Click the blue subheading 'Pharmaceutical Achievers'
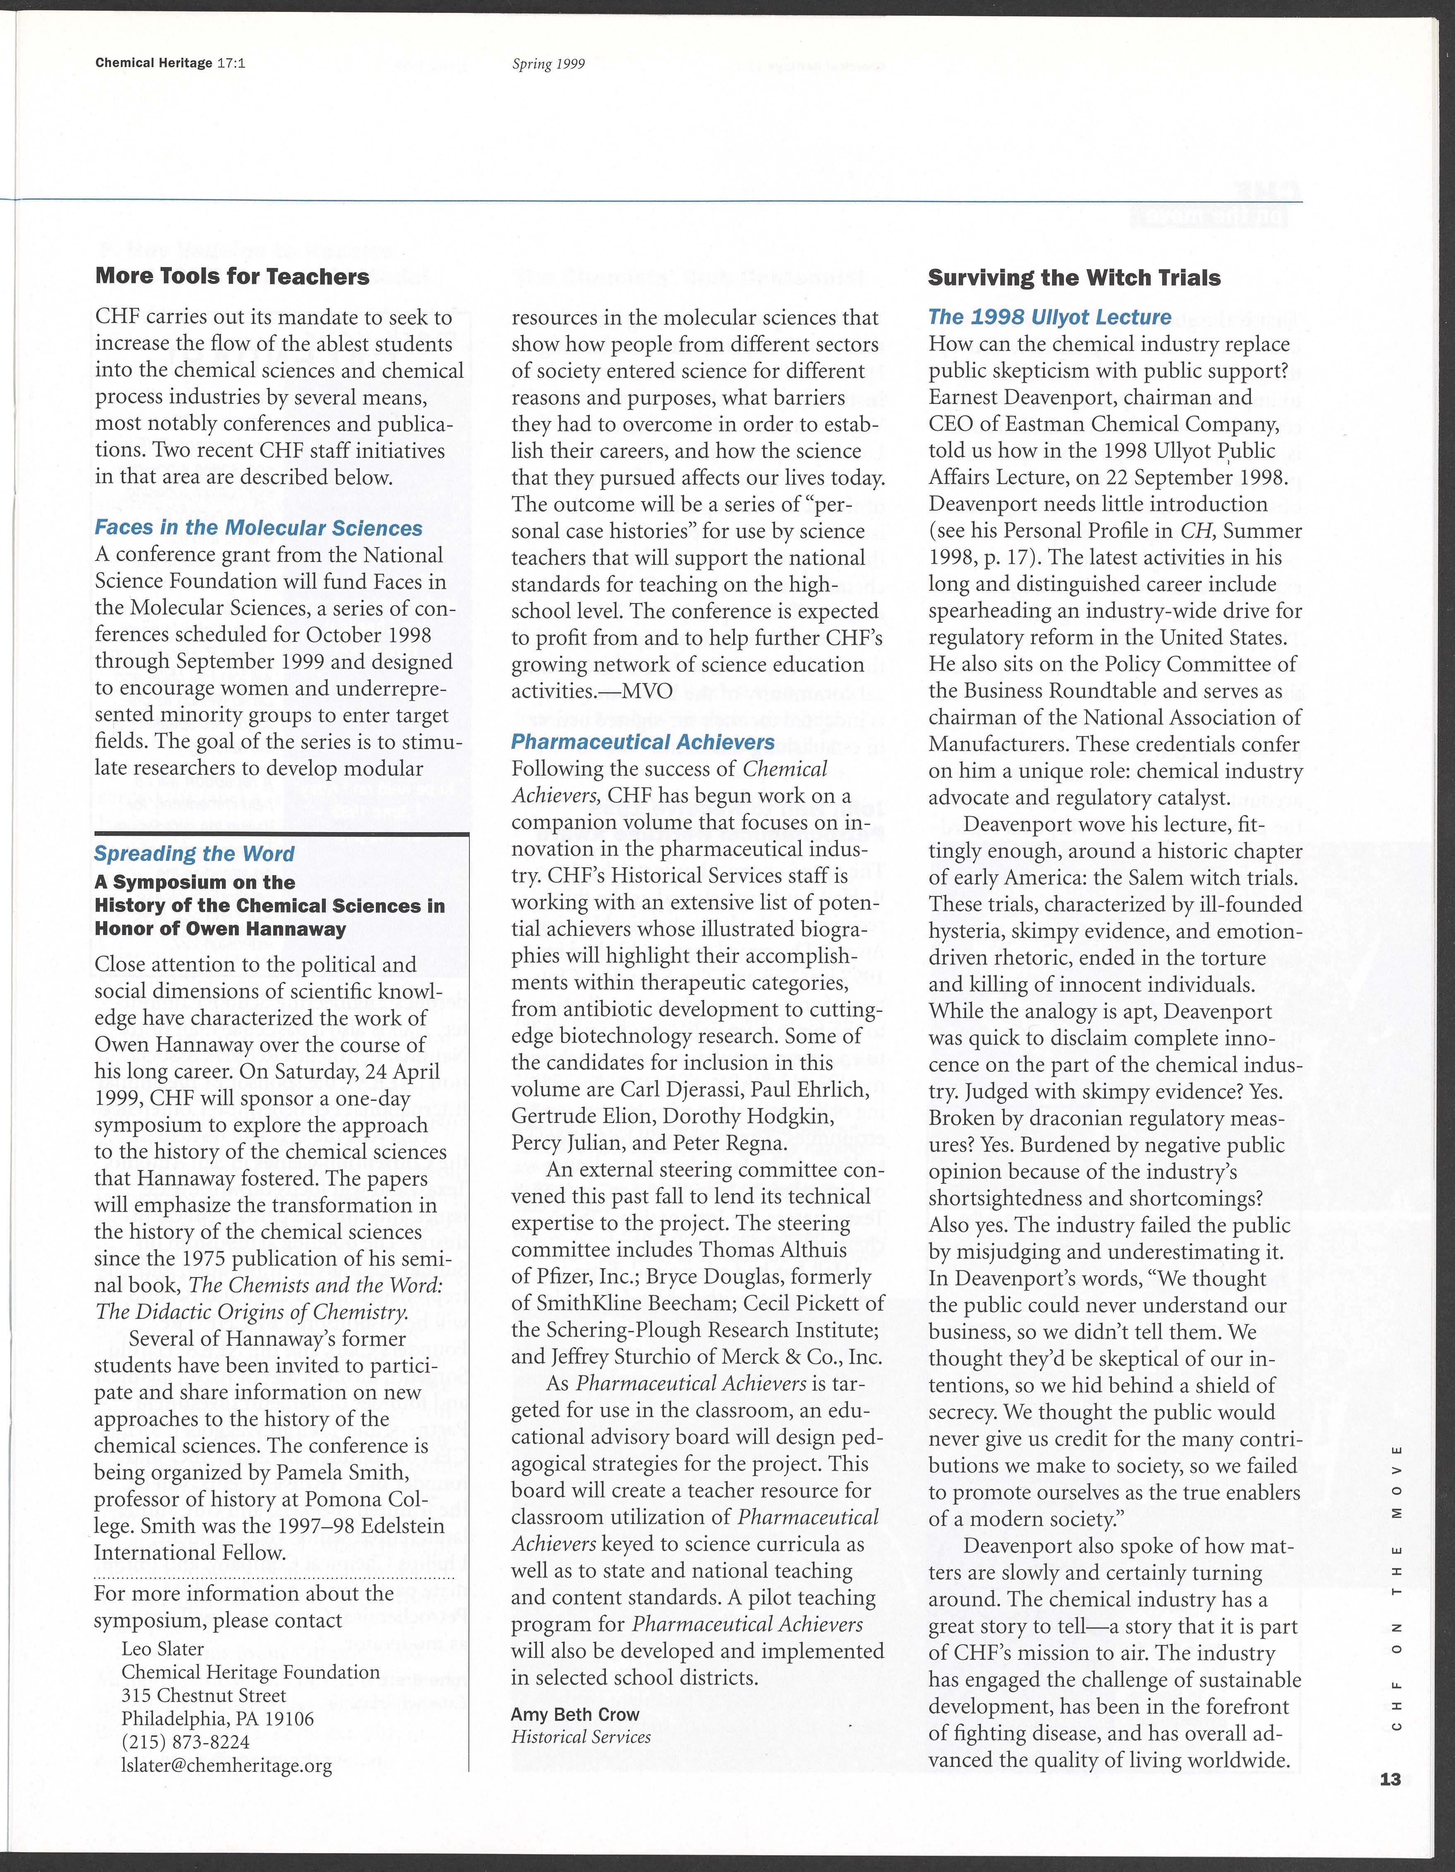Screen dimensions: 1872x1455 click(x=643, y=742)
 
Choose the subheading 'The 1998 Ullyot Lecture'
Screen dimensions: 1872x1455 click(x=1050, y=317)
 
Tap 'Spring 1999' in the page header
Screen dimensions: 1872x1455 click(x=548, y=64)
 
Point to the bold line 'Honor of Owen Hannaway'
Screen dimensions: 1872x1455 click(x=220, y=929)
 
